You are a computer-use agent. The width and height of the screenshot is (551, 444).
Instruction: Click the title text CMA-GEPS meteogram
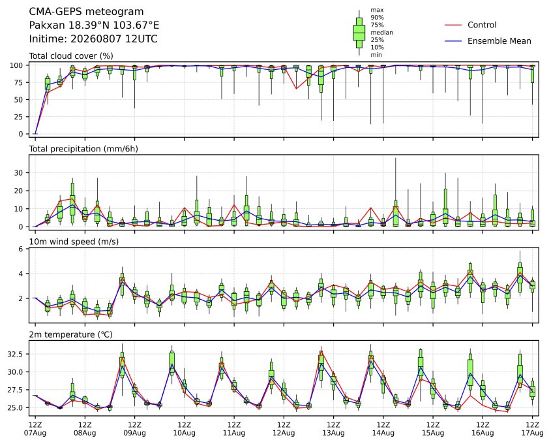[x=86, y=12]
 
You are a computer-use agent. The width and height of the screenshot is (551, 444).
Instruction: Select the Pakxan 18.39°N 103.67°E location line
[x=94, y=25]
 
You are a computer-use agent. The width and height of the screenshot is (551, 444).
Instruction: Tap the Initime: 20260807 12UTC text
[x=93, y=39]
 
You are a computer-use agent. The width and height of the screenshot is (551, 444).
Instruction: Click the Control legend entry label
[x=482, y=25]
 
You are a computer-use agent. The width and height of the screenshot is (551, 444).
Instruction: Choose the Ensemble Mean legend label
[x=499, y=41]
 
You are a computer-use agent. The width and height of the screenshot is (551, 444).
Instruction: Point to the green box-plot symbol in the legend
[x=359, y=33]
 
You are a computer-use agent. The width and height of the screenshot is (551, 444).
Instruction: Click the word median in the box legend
[x=381, y=33]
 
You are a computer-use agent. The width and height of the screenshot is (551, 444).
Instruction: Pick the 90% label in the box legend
[x=377, y=17]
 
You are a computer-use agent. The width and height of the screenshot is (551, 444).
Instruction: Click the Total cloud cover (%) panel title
[x=71, y=56]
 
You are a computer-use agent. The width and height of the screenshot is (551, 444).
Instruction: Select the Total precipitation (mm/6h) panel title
[x=83, y=149]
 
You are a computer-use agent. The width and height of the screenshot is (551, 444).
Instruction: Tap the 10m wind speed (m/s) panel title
[x=74, y=242]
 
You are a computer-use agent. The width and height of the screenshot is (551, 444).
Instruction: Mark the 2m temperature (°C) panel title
[x=70, y=334]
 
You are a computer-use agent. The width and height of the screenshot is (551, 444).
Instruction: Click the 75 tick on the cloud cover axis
[x=19, y=83]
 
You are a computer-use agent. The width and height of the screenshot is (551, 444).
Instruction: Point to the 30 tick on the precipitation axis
[x=19, y=173]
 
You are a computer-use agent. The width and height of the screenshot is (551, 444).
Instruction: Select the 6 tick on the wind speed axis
[x=21, y=249]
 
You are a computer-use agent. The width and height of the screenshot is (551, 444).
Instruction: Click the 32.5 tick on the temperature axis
[x=16, y=354]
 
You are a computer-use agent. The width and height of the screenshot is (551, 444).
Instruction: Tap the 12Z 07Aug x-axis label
[x=35, y=428]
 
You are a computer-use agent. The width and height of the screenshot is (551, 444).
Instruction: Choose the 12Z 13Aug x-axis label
[x=333, y=428]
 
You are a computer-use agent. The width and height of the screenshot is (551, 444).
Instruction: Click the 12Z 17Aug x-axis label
[x=532, y=428]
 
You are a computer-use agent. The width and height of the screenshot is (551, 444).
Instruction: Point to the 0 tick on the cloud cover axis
[x=21, y=134]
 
